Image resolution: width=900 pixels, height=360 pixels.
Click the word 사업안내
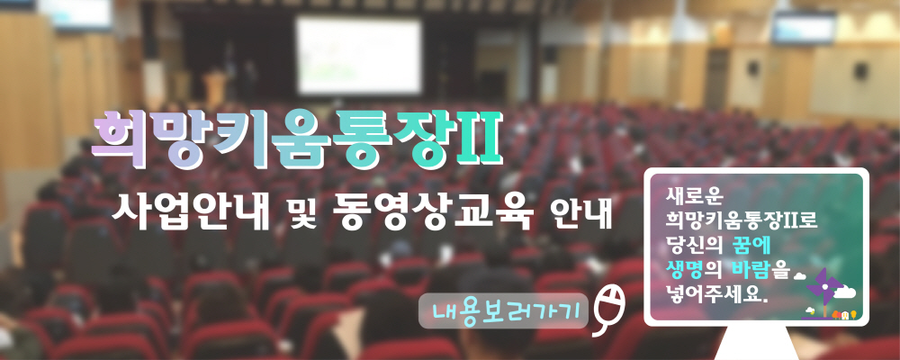pos(191,211)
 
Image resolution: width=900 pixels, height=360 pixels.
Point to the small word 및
pos(301,213)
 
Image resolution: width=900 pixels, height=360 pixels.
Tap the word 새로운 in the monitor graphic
pos(688,197)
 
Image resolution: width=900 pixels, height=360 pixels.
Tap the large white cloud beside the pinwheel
pos(844,292)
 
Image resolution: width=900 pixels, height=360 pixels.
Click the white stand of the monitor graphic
pos(755,343)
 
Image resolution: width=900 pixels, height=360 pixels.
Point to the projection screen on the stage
pos(359,56)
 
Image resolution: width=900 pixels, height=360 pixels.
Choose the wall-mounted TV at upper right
pos(803,28)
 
